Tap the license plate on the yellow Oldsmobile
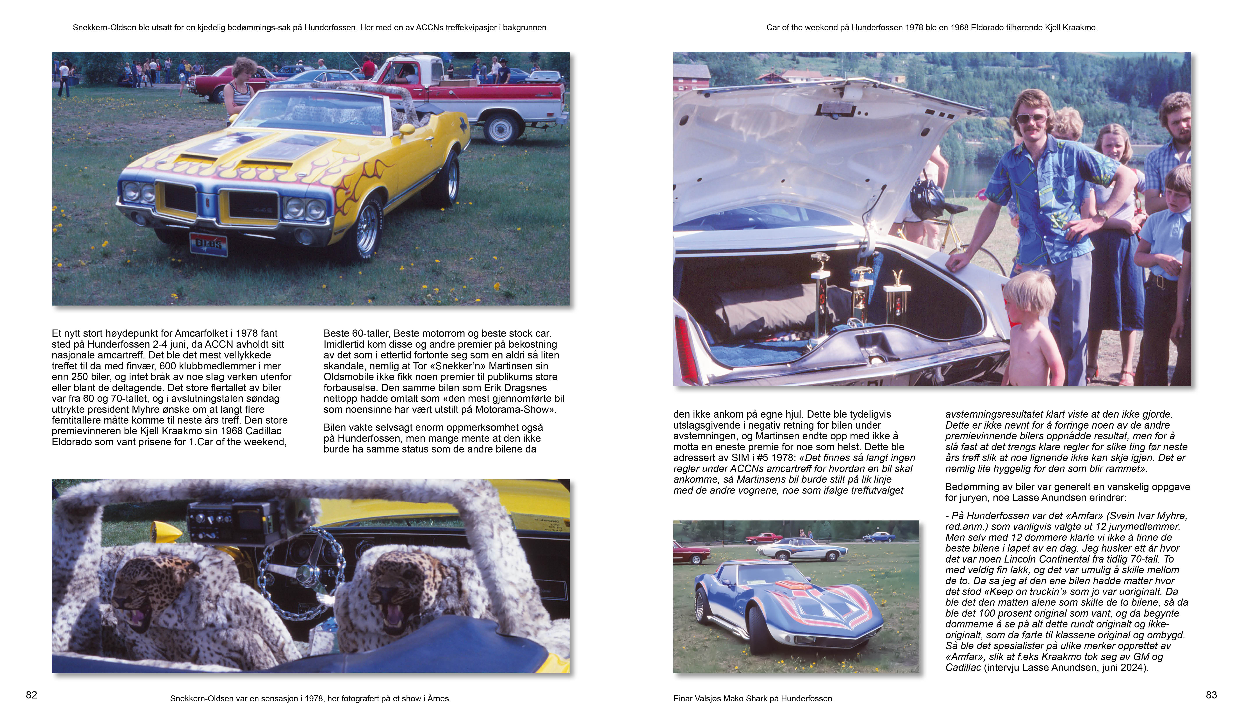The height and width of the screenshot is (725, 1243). (x=209, y=244)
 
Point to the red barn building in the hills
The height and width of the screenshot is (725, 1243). (x=692, y=77)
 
